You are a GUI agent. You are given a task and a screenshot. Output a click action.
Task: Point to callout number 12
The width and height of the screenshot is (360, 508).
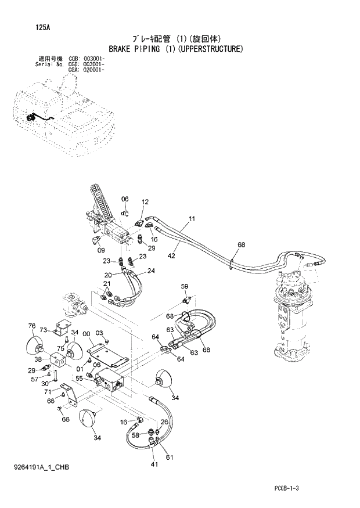145,202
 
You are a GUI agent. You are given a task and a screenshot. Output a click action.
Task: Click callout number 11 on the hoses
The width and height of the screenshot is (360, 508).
191,219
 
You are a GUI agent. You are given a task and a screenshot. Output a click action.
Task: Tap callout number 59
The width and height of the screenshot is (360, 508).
185,286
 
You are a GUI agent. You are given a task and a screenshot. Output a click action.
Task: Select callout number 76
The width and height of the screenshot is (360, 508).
32,326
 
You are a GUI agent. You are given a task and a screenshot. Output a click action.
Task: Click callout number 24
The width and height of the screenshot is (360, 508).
151,271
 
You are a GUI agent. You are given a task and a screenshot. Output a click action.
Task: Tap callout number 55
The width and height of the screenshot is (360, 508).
79,378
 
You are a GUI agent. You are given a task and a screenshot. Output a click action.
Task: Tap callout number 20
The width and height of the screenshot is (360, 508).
108,275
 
